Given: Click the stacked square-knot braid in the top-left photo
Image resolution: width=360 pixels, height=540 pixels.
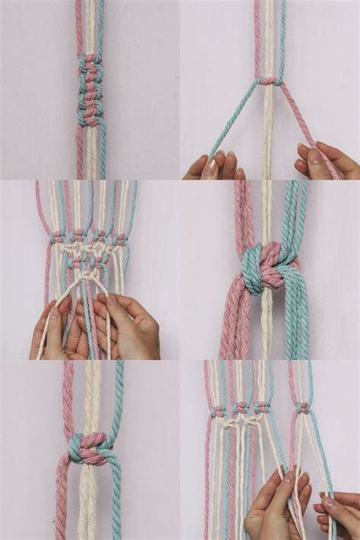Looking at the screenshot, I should point(90,90).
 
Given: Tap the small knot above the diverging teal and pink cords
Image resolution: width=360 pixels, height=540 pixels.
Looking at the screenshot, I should point(269,81).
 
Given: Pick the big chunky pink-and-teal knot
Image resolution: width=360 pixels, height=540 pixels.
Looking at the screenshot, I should point(268,267).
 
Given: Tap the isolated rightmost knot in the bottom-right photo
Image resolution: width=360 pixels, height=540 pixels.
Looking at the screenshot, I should point(304,408).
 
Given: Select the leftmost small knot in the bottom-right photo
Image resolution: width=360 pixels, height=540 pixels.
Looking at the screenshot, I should point(219,410).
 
